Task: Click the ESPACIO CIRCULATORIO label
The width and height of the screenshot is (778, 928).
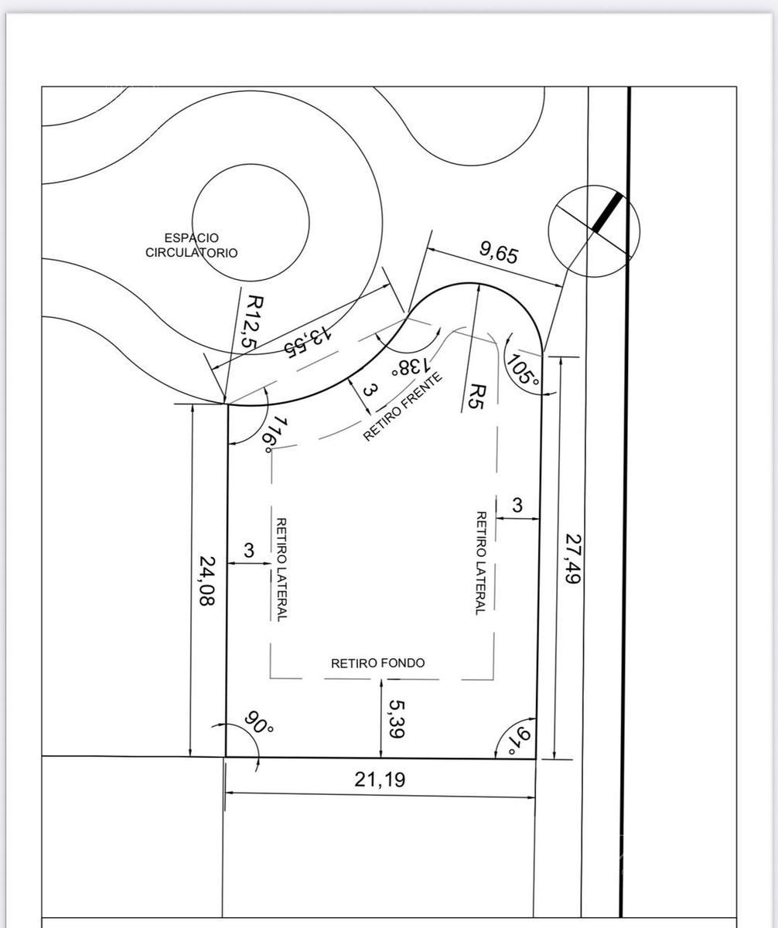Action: (192, 245)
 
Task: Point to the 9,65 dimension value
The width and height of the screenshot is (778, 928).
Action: (500, 254)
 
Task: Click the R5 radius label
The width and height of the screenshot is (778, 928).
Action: (476, 397)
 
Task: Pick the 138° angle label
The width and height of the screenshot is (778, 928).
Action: (411, 367)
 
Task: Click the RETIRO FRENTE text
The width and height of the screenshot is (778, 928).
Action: (403, 407)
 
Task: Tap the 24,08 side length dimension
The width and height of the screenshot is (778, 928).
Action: (206, 581)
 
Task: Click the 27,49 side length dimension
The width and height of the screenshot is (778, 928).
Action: (573, 558)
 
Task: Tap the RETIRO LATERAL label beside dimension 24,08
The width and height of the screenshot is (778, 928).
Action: (282, 569)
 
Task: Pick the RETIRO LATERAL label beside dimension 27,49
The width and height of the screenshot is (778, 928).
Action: (480, 563)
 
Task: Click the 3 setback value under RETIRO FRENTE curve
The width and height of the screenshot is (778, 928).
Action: (369, 391)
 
